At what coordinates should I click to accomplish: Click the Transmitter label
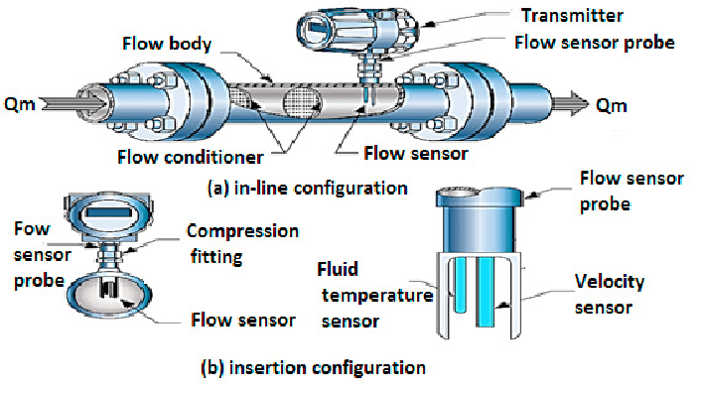[x=572, y=16]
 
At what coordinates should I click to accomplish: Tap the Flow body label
[x=167, y=44]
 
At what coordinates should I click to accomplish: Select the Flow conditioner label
[x=191, y=157]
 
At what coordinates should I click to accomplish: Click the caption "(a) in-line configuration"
[x=307, y=188]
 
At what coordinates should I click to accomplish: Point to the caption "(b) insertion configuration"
[x=313, y=368]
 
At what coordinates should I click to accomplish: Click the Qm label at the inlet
[x=20, y=104]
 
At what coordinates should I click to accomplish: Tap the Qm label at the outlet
[x=611, y=106]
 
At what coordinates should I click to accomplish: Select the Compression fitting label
[x=242, y=244]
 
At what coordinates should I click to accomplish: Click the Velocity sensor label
[x=610, y=294]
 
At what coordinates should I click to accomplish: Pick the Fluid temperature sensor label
[x=375, y=295]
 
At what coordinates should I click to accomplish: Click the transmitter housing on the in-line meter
[x=358, y=32]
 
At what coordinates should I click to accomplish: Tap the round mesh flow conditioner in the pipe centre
[x=303, y=101]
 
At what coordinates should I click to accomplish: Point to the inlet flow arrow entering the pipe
[x=74, y=104]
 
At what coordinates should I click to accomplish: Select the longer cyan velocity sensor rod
[x=486, y=292]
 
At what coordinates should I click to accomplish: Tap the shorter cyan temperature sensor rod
[x=460, y=285]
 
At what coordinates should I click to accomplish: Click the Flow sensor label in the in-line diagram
[x=415, y=154]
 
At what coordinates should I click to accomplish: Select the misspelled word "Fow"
[x=32, y=228]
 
